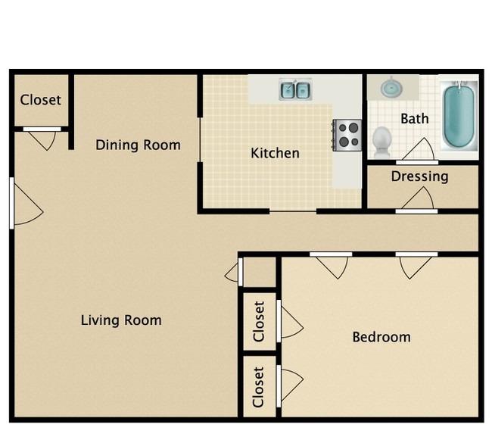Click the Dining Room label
(138, 145)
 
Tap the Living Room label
(121, 320)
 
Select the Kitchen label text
(275, 153)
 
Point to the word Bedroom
(381, 337)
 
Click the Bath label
(415, 119)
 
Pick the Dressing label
(419, 176)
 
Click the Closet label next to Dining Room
(40, 100)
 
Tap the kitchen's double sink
(295, 89)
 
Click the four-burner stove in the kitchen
(347, 136)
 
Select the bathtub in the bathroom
(459, 114)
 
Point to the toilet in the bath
(381, 142)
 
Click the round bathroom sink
(391, 88)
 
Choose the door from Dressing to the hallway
(417, 201)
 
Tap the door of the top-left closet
(42, 138)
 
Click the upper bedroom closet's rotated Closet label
(259, 321)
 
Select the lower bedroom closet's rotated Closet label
(258, 387)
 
